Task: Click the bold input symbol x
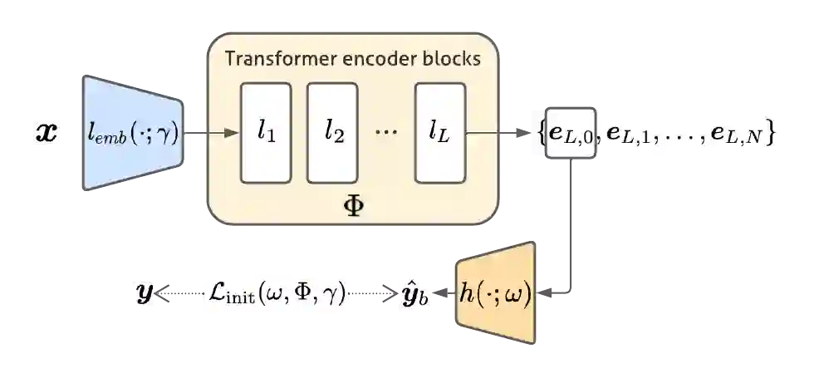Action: [47, 133]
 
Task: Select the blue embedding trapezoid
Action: [132, 132]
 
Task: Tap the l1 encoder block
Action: [266, 132]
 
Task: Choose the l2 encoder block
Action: [333, 132]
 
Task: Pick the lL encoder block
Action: [439, 132]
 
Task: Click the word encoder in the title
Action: [376, 59]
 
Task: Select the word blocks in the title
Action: [450, 59]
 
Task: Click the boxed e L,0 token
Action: [570, 134]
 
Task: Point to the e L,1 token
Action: [629, 134]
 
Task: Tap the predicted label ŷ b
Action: [414, 293]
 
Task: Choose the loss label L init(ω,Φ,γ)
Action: [276, 293]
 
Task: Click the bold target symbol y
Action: [145, 293]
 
